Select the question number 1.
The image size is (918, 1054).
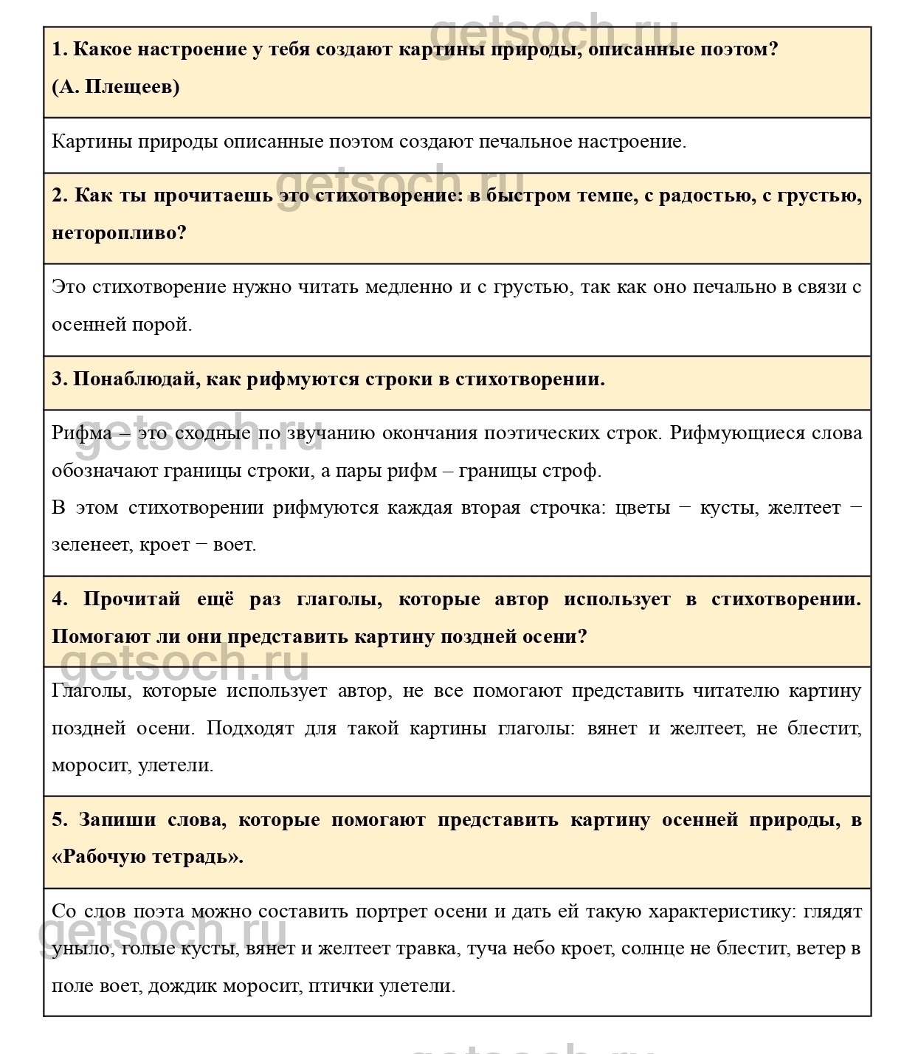pos(59,49)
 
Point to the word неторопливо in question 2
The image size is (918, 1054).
pos(118,232)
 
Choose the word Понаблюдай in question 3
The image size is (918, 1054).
pos(137,379)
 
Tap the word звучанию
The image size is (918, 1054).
pos(331,433)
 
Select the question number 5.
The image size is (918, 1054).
pos(59,819)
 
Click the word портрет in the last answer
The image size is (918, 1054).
pos(392,911)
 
